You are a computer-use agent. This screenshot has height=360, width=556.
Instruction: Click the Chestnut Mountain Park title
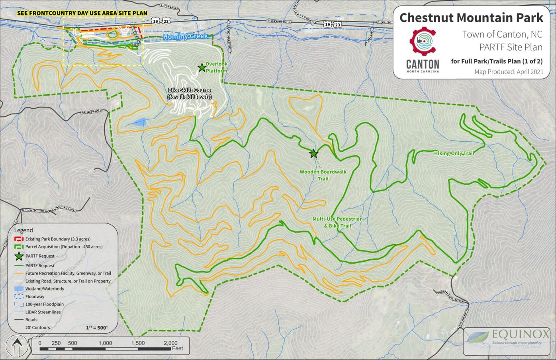click(x=471, y=18)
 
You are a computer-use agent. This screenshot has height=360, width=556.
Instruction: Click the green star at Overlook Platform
click(x=202, y=68)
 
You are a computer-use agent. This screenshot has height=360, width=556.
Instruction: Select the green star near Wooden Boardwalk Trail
click(x=314, y=153)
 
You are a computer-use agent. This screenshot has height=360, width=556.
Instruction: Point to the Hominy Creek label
click(x=185, y=37)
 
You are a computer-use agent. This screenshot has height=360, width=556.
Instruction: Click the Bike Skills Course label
click(x=190, y=94)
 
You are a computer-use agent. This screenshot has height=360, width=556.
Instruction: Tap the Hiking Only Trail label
click(x=454, y=153)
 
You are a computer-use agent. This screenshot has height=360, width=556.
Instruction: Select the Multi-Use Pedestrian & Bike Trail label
click(x=337, y=222)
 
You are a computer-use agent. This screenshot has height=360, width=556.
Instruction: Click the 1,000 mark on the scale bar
click(x=105, y=343)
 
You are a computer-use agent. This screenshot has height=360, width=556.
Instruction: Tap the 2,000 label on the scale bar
click(x=170, y=343)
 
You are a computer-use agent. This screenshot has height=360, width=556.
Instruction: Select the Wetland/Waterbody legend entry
click(x=45, y=289)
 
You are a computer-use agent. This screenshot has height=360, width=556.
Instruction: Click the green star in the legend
click(x=19, y=256)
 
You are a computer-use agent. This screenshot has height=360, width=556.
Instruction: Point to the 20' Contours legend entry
click(x=37, y=327)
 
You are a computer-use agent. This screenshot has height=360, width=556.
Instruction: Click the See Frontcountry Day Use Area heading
click(x=82, y=13)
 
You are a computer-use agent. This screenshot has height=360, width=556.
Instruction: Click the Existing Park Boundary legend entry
click(x=57, y=239)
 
